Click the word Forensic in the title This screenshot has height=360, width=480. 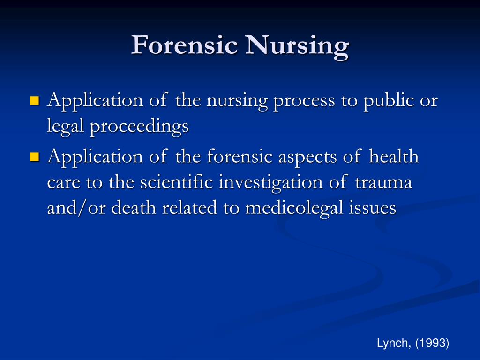point(185,46)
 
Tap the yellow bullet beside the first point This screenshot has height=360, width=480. point(34,101)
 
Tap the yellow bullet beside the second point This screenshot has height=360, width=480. point(34,157)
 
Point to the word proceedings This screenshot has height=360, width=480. point(139,127)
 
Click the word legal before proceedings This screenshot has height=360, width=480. point(65,127)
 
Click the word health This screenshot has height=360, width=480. point(394,156)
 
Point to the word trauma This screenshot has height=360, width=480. point(384,182)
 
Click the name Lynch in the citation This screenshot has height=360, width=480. point(392,344)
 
